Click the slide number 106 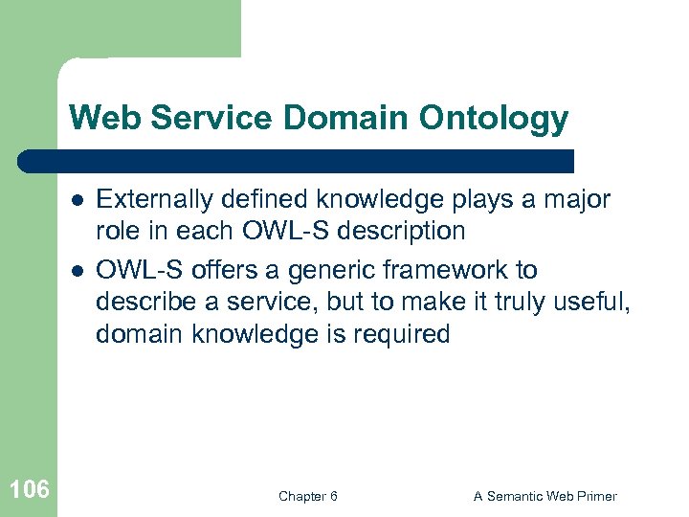pos(29,491)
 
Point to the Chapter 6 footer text pos(307,496)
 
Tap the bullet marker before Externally pos(77,200)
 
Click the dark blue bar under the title pos(297,161)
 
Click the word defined pos(258,199)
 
